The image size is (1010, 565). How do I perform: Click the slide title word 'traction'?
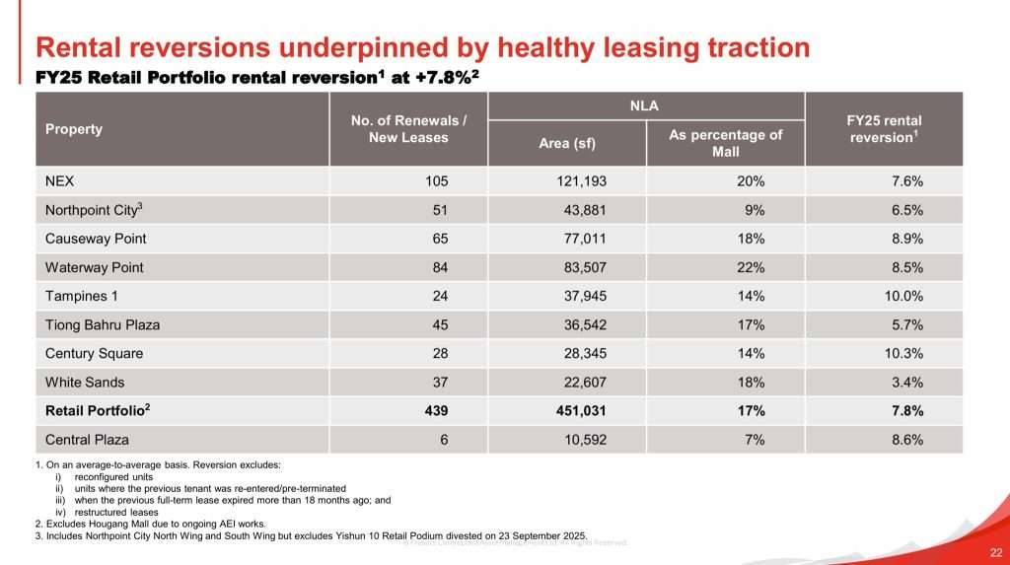point(753,46)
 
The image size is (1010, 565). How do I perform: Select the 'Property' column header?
point(74,129)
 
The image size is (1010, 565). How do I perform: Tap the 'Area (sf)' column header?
point(567,143)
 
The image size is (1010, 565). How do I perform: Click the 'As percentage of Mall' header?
point(725,143)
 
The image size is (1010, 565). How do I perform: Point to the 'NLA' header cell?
point(646,105)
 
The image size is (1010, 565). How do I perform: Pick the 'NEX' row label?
point(59,181)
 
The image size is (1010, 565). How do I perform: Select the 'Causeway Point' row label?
point(96,239)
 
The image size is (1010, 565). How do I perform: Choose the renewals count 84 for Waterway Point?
point(439,267)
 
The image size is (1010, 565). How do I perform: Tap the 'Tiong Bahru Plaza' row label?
point(103,324)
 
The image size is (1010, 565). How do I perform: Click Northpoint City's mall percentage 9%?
point(755,210)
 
